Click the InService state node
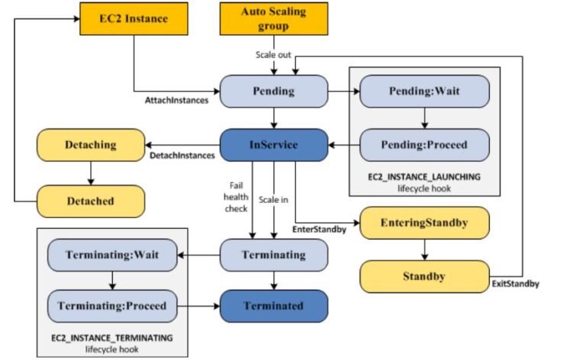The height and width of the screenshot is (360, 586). point(274,144)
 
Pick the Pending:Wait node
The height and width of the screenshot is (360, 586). point(424,90)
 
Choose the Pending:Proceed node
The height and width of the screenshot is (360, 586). point(424,144)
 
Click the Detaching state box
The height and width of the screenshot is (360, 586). point(90,144)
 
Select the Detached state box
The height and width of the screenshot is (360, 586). point(90,201)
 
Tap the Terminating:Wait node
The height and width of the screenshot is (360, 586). point(113,254)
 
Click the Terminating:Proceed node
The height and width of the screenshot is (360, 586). point(113,306)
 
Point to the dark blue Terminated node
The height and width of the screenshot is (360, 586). point(274,306)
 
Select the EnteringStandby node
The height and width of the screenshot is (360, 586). point(424,223)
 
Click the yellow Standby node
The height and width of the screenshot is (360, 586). point(424,276)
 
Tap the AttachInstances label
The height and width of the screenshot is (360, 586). point(175,101)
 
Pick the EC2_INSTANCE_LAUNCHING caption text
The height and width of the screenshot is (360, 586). point(424,176)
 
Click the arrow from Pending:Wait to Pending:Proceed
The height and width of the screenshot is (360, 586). point(424,117)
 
